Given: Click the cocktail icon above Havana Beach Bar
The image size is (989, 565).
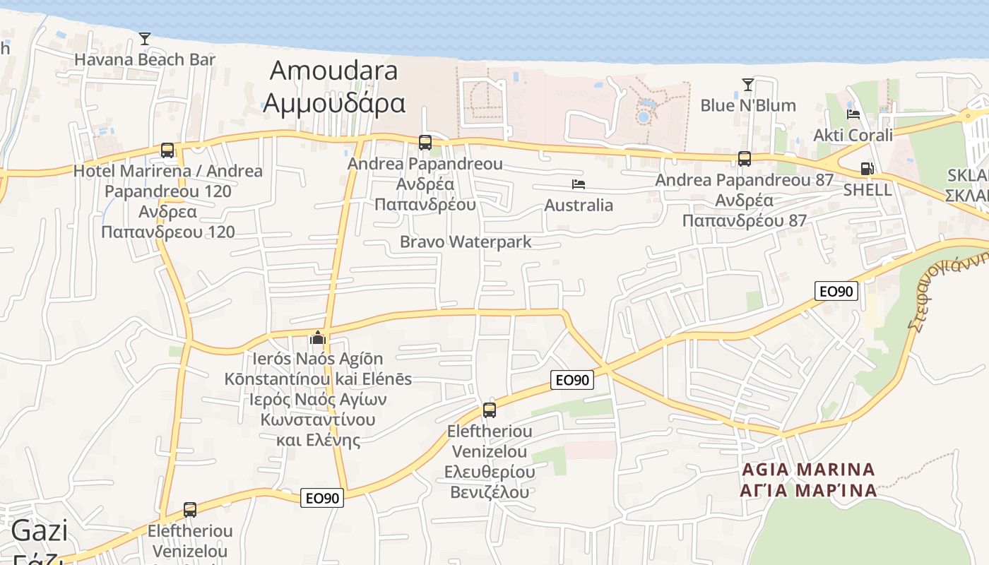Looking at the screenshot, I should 145,39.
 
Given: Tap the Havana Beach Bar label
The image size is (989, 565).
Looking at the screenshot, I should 145,60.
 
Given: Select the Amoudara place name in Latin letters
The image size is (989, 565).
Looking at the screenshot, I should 334,71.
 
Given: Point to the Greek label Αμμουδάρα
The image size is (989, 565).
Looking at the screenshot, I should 334,103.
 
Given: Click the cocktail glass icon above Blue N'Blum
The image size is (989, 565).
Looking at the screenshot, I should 748,85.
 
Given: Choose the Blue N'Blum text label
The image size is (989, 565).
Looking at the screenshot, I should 748,106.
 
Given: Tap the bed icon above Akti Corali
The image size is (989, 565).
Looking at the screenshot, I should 853,114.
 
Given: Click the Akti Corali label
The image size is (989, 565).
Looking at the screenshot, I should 853,135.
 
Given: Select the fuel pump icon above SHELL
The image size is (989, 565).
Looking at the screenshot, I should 867,169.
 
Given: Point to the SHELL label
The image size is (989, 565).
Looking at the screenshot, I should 867,190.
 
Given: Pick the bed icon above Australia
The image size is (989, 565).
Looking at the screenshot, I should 579,184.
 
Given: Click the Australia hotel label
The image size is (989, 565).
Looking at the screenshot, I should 579,206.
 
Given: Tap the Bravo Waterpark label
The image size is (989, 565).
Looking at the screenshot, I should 466,242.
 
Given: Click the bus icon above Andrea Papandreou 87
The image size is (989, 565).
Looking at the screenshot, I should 745,159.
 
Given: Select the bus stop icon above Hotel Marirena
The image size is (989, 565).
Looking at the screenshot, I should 167,150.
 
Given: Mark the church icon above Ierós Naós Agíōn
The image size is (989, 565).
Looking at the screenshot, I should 318,338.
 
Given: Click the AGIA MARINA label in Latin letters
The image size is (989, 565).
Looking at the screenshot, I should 808,470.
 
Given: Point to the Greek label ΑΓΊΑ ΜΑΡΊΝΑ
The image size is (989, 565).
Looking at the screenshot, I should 808,489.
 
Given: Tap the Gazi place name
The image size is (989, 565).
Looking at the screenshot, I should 40,531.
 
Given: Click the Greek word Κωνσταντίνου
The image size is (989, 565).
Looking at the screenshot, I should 318,420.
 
